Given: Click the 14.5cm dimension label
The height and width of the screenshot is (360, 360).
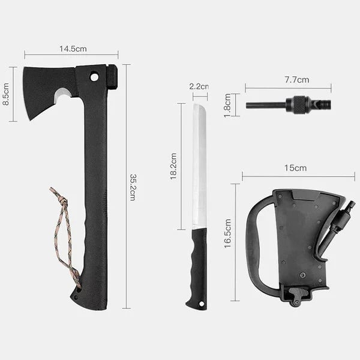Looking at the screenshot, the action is click(x=73, y=49).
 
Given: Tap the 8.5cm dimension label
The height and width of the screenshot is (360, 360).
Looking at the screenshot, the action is click(x=6, y=94).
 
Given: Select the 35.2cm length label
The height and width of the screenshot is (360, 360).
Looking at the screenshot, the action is click(x=133, y=187).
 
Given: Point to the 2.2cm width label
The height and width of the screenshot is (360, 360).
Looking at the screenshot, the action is click(x=199, y=86).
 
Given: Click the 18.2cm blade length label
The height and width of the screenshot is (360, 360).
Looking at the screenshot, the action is click(x=173, y=166).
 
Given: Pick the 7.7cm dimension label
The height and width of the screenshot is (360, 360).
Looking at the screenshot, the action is click(x=297, y=80).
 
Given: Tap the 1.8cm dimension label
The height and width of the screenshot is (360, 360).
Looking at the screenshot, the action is click(x=227, y=106).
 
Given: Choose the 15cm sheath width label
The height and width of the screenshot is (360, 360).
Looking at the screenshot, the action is click(x=295, y=168).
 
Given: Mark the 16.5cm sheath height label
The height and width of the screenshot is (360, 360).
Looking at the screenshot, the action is click(x=227, y=233).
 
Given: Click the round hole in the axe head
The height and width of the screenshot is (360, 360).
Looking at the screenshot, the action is click(x=94, y=77).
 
